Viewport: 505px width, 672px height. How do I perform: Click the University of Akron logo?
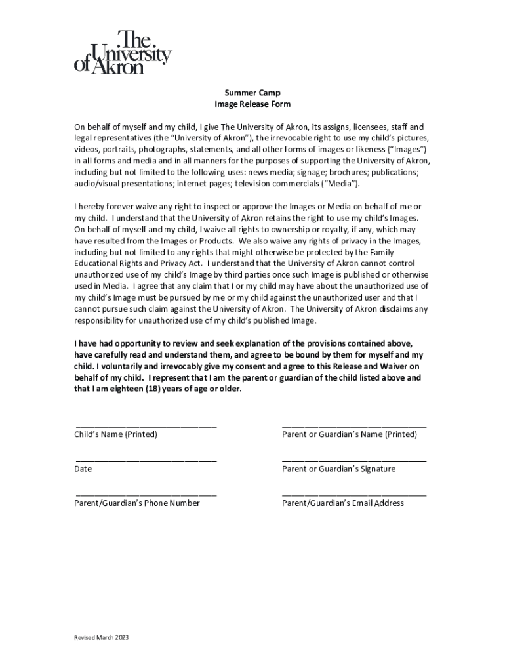tap(123, 52)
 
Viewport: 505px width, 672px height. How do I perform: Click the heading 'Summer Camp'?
tap(253, 93)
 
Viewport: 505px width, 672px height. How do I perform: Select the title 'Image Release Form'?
tap(253, 104)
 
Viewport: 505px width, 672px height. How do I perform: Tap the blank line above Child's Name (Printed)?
tap(146, 426)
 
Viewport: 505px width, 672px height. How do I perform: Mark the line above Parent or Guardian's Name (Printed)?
tap(354, 426)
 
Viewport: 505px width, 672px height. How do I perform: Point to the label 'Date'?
tap(83, 469)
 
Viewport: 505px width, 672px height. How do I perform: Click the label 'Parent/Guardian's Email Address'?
tap(343, 503)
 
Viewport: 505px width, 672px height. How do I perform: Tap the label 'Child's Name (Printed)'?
tap(116, 434)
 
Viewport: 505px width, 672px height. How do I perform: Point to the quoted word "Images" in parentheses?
tap(407, 150)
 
